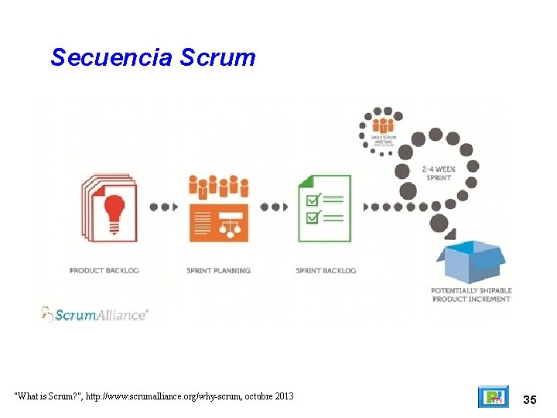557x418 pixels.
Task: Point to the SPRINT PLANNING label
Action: pos(219,271)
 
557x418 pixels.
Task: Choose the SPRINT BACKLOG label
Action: pos(326,271)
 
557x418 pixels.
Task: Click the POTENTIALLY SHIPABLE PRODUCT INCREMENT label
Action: pos(471,295)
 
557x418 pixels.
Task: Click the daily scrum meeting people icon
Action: pos(383,124)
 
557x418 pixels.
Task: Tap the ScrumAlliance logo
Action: pos(94,313)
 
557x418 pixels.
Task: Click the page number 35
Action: pos(530,399)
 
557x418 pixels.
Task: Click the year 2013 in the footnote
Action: pos(282,396)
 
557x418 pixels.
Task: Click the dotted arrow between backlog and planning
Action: pos(164,207)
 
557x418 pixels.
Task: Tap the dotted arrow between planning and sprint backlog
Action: pos(275,207)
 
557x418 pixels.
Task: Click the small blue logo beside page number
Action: pos(493,397)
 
